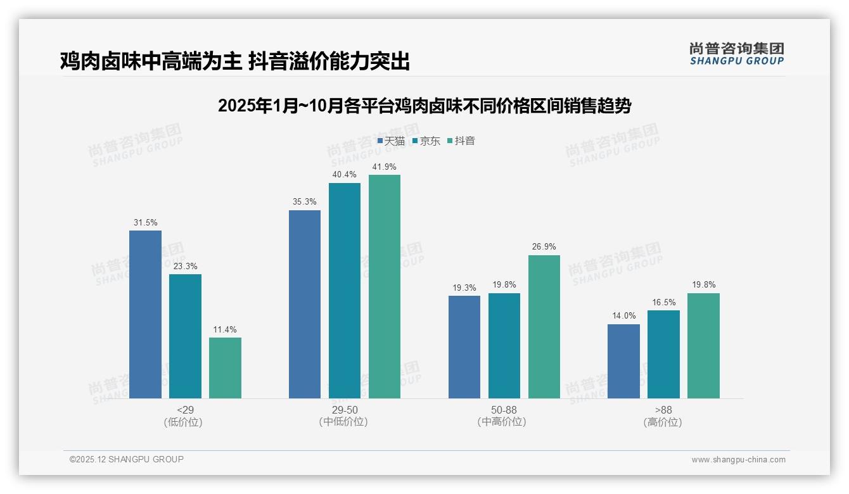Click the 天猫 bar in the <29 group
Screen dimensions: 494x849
coord(145,314)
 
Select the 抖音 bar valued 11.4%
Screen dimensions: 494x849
coord(225,367)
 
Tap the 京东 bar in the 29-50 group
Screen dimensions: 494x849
coord(344,291)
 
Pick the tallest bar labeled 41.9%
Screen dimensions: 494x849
coord(385,286)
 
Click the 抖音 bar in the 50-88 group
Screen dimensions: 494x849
coord(544,327)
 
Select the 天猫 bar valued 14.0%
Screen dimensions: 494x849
coord(623,361)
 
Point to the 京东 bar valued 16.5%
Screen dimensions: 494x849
coord(663,354)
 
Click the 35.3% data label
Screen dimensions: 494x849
coord(305,202)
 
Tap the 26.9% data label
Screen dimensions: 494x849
coord(544,247)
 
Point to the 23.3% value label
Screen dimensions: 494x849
coord(185,266)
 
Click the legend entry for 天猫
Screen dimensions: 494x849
coord(391,141)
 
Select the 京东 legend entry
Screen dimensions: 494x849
coord(426,141)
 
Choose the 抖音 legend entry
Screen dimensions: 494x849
coord(461,141)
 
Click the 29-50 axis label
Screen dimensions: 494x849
coord(344,410)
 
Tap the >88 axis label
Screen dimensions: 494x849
coord(663,410)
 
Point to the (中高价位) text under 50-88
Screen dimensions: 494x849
coord(504,422)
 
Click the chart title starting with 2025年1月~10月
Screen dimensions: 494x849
coord(424,106)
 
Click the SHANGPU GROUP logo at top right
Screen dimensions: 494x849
coord(736,54)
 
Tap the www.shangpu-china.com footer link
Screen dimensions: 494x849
coord(738,460)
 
